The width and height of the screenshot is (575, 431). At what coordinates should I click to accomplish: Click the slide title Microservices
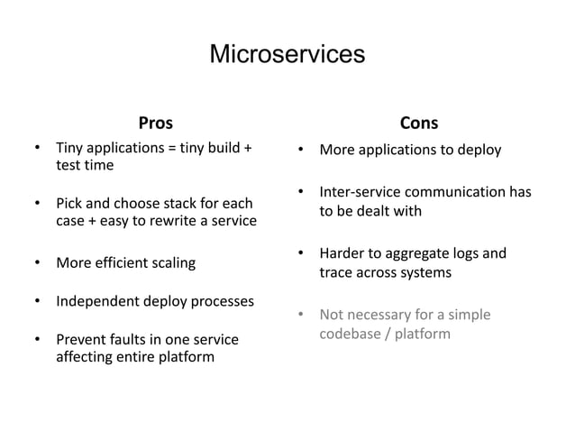287,55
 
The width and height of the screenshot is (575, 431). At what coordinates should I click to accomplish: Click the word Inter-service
361,193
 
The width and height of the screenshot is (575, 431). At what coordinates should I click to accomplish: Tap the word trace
337,272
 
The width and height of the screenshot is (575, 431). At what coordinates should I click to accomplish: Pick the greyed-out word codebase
353,334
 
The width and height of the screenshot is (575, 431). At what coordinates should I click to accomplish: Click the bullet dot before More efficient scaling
37,264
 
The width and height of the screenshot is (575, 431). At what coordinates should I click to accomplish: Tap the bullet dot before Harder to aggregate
300,254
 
